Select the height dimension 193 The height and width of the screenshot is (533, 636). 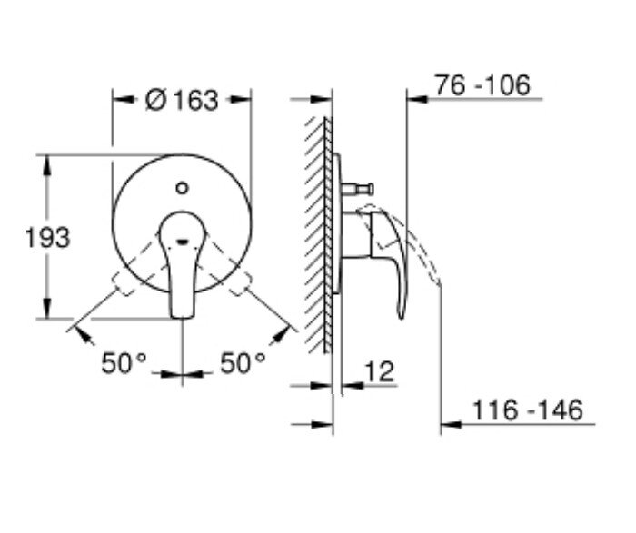(x=46, y=238)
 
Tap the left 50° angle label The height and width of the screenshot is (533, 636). (x=124, y=363)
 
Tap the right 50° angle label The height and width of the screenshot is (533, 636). (x=243, y=363)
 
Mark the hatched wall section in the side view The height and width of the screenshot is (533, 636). (x=318, y=236)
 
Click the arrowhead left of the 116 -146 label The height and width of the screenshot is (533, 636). (x=449, y=423)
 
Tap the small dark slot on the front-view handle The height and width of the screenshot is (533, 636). (x=183, y=241)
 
